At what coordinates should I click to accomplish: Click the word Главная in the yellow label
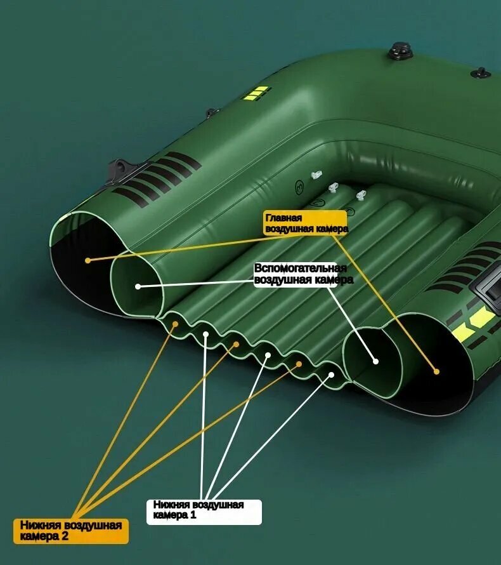[283, 218]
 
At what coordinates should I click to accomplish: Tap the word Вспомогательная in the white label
[301, 269]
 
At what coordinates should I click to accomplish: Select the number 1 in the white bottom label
[193, 515]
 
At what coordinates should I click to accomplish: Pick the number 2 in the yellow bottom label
[65, 536]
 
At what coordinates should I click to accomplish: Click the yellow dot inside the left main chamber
[88, 260]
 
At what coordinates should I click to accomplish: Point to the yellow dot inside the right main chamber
[436, 371]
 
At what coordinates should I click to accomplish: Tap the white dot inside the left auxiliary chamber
[138, 286]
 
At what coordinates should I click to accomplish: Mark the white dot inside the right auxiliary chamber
[375, 361]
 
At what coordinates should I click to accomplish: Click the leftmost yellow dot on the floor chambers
[175, 324]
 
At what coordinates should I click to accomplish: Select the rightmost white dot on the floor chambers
[331, 375]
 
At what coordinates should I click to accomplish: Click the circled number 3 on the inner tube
[299, 187]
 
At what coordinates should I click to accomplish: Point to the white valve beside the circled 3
[316, 175]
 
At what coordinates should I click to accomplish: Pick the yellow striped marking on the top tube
[256, 93]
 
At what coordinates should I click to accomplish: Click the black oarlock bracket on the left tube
[122, 169]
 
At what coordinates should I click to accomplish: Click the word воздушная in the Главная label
[289, 229]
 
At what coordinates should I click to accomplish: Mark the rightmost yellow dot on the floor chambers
[299, 364]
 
